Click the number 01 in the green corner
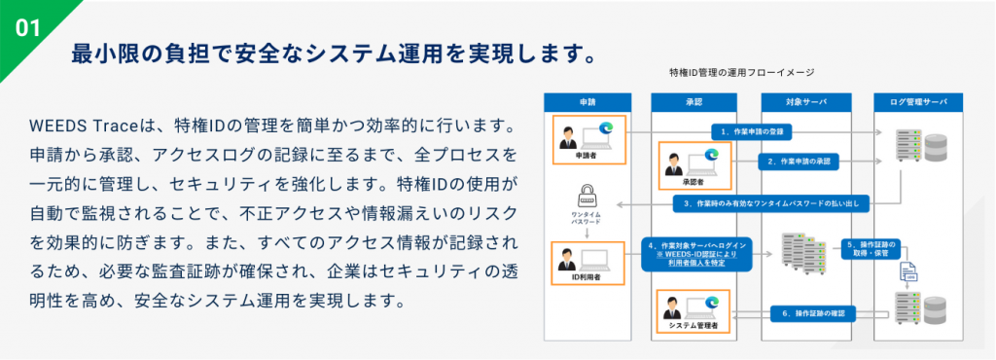(26, 27)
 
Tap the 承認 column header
(694, 101)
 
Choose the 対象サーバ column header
(806, 101)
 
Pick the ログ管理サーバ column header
(917, 101)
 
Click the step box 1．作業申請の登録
(752, 130)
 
